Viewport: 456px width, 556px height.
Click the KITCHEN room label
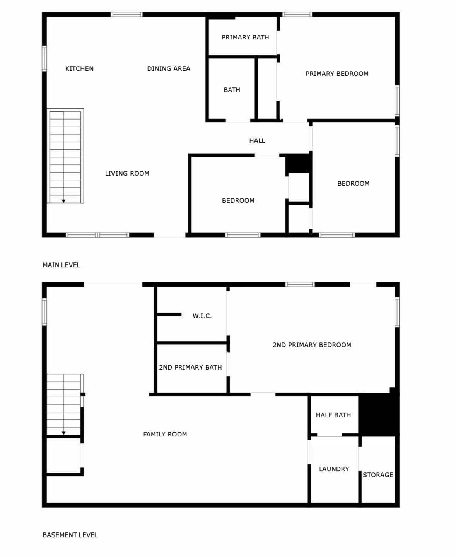(x=79, y=68)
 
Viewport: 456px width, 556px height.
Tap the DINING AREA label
(x=169, y=68)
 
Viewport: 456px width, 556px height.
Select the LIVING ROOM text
(x=127, y=173)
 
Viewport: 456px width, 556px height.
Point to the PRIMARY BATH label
(x=245, y=37)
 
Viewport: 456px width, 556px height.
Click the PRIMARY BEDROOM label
(x=337, y=74)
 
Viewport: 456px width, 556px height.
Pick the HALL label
(x=257, y=140)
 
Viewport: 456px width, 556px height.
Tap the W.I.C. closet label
(x=202, y=316)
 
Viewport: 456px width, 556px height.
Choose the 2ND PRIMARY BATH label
(x=190, y=367)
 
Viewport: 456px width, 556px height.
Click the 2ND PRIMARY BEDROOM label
(x=312, y=345)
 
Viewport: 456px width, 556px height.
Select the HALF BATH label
(x=333, y=415)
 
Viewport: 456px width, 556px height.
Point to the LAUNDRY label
(x=334, y=469)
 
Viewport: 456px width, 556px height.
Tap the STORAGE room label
(x=378, y=475)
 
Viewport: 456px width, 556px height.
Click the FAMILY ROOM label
(x=165, y=434)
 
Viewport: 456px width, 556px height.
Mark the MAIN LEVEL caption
(x=61, y=265)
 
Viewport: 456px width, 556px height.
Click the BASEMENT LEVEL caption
(x=70, y=535)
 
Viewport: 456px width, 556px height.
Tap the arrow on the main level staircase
(x=63, y=201)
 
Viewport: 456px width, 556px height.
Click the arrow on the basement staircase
(x=63, y=433)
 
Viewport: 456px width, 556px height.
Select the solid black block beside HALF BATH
(x=378, y=414)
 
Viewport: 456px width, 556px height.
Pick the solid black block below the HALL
(x=298, y=164)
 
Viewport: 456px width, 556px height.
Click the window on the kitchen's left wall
(x=44, y=58)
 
